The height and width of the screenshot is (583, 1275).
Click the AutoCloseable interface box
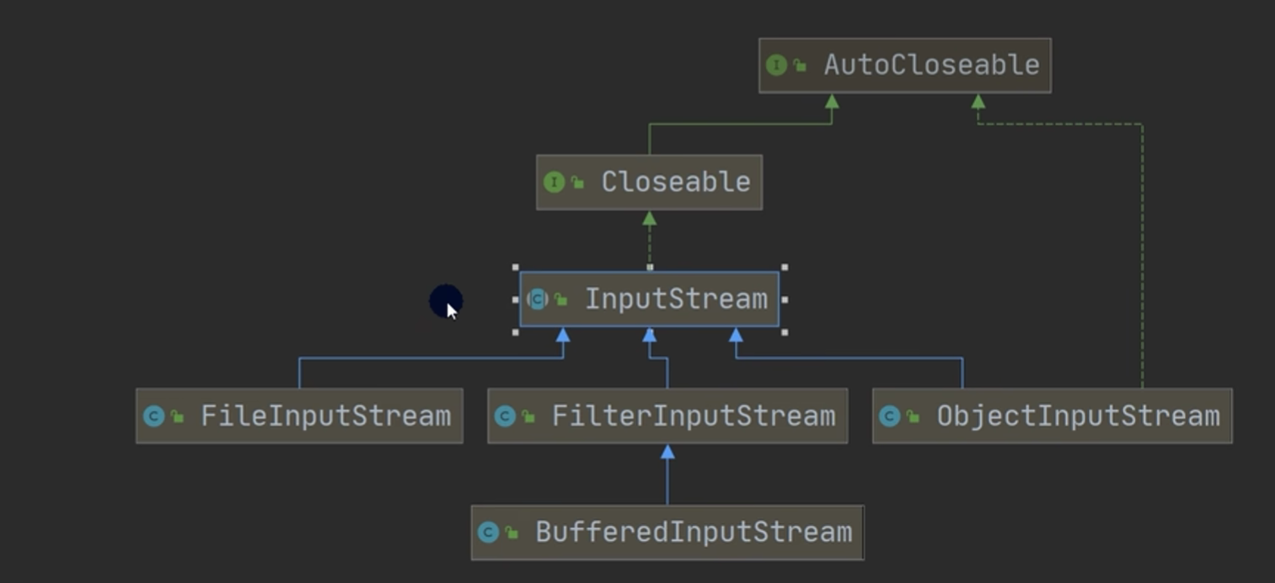904,65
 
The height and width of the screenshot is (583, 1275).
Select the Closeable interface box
649,182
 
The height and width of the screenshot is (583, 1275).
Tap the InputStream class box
649,299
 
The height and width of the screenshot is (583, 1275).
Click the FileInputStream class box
299,416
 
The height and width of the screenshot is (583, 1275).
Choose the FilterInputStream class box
667,416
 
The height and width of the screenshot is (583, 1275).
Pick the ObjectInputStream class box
1052,416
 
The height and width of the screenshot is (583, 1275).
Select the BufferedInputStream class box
667,532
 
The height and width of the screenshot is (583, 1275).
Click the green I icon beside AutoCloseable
776,65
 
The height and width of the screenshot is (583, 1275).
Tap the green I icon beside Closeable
554,182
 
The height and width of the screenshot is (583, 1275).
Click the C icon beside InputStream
537,299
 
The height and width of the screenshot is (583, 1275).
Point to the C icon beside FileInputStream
153,416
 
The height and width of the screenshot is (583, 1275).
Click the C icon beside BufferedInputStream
488,532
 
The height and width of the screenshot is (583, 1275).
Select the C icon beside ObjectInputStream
889,416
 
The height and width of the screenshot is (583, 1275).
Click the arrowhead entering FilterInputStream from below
667,452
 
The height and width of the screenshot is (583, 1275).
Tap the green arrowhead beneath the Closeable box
649,219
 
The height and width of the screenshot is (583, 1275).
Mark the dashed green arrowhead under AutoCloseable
978,102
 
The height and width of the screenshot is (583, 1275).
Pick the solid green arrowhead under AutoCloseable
832,102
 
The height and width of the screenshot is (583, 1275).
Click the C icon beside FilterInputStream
505,416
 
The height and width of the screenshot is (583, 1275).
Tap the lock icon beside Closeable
577,182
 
